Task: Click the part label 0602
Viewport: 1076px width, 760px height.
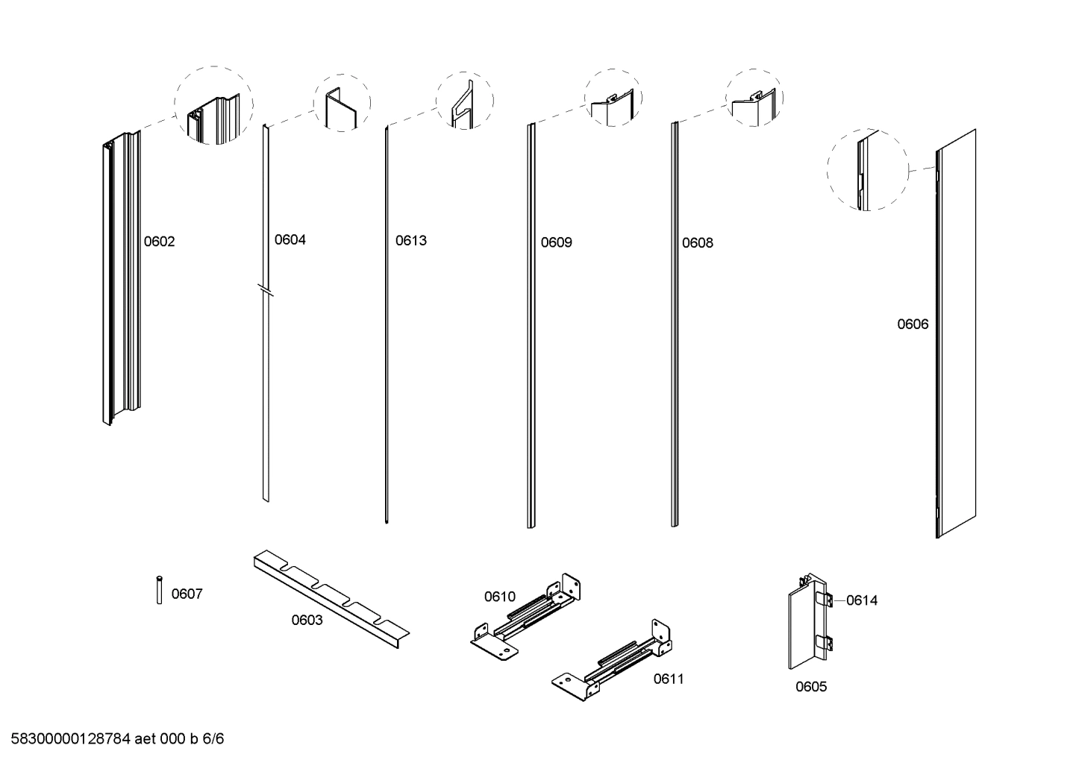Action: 159,242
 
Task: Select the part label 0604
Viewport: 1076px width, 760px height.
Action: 290,239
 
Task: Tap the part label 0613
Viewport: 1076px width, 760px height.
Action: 411,240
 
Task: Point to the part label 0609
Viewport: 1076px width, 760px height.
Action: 556,242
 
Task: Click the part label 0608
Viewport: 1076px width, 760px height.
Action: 697,242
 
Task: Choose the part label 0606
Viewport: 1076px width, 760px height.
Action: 913,324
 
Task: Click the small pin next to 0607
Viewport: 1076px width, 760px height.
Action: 159,590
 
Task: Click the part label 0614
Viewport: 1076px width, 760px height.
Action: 862,600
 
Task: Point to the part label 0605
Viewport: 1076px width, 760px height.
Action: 810,687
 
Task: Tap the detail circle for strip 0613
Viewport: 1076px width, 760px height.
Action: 465,101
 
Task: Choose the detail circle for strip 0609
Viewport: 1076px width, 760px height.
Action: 613,98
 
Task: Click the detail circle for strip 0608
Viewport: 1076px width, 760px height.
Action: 754,98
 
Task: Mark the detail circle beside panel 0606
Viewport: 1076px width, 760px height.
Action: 867,170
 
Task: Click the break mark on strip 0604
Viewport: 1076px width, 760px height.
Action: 266,290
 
